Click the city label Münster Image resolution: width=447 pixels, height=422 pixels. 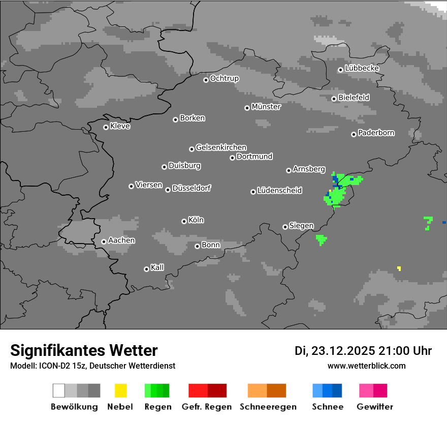point(266,107)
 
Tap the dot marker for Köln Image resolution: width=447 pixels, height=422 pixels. point(184,221)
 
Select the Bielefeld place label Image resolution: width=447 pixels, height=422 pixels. point(354,97)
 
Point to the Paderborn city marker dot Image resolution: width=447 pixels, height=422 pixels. point(354,134)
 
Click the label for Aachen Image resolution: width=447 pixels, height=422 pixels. point(121,240)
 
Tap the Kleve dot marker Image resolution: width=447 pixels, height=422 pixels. point(106,127)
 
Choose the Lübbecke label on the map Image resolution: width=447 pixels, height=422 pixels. point(362,68)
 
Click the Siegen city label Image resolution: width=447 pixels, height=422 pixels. point(301,226)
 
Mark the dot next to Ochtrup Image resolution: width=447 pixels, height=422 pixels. point(206,80)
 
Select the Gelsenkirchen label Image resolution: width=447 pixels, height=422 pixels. point(221,147)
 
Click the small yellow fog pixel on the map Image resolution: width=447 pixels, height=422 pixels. point(399,268)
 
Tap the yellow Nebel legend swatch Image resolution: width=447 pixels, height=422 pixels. point(120,390)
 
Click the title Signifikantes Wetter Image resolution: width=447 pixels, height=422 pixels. point(84,350)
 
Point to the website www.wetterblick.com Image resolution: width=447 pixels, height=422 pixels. point(367,366)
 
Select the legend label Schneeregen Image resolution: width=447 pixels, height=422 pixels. point(268,407)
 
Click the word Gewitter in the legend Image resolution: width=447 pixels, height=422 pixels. point(375,407)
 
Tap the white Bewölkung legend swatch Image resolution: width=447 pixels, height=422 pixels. point(59,390)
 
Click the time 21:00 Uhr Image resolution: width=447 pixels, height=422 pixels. point(406,351)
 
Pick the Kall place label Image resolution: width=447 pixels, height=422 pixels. point(157,267)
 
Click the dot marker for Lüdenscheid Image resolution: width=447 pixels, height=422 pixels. point(253,192)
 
